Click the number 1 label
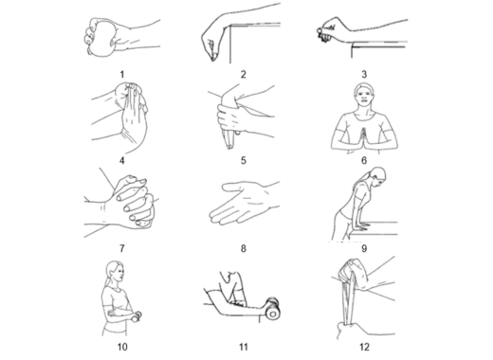pyautogui.click(x=122, y=75)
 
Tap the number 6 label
pyautogui.click(x=364, y=160)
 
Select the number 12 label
pyautogui.click(x=364, y=347)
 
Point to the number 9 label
pyautogui.click(x=364, y=248)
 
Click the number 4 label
pyautogui.click(x=122, y=160)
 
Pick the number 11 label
pyautogui.click(x=243, y=347)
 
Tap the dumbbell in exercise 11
pyautogui.click(x=272, y=308)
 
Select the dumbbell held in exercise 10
pyautogui.click(x=137, y=316)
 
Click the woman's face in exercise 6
pyautogui.click(x=364, y=95)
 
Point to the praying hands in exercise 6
pyautogui.click(x=364, y=138)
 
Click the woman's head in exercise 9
pyautogui.click(x=377, y=177)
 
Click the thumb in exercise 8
pyautogui.click(x=232, y=188)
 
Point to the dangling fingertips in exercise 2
pyautogui.click(x=213, y=57)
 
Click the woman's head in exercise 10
pyautogui.click(x=115, y=273)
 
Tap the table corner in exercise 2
pyautogui.click(x=230, y=25)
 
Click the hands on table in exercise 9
pyautogui.click(x=358, y=225)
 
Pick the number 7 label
pyautogui.click(x=122, y=248)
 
